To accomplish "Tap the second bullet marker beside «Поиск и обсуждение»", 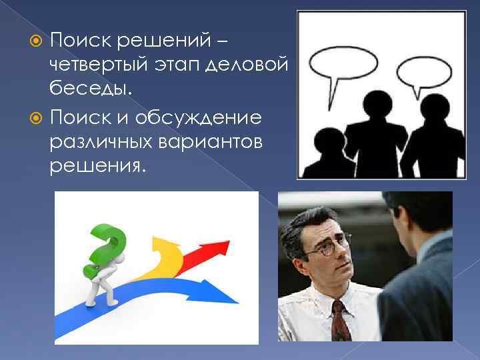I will point(38,118).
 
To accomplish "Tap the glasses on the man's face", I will point(324,248).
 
